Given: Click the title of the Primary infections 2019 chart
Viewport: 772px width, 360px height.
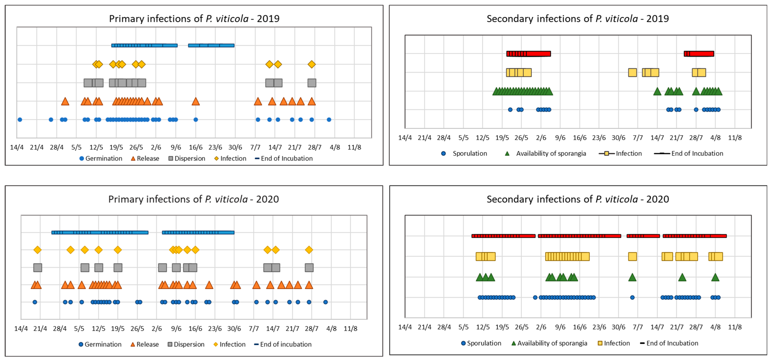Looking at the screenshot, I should point(194,19).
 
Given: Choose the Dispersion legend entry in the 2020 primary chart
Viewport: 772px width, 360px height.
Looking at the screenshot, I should point(186,344).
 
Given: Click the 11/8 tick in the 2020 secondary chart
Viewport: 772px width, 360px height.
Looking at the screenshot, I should point(735,327).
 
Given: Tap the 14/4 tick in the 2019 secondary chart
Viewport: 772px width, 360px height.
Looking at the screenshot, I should point(405,138).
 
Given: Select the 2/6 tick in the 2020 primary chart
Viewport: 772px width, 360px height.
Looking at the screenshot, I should point(157,328).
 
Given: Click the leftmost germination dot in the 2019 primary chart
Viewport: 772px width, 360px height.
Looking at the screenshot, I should point(20,120).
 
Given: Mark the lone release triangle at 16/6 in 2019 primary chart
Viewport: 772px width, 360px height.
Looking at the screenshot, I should point(196,102).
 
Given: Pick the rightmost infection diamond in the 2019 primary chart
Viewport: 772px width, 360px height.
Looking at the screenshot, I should point(312,64).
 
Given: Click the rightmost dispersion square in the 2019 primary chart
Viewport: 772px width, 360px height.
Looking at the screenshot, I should point(312,83).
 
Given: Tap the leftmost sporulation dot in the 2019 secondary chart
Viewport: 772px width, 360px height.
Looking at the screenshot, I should point(510,110).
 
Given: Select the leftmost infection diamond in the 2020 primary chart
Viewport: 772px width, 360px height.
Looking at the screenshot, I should point(37,250).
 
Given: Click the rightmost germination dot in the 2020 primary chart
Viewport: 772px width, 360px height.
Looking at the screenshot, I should point(325,302).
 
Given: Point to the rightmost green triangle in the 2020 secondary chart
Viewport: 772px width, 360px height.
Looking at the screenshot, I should point(715,277).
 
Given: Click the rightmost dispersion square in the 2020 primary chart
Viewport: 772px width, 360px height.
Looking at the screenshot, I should point(309,267).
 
